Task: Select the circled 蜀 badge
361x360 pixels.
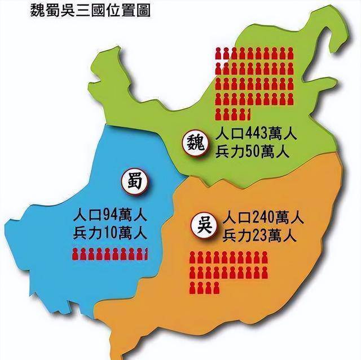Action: coord(133,181)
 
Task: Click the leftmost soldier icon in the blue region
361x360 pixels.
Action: coord(75,254)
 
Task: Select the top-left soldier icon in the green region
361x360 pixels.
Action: coord(219,54)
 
